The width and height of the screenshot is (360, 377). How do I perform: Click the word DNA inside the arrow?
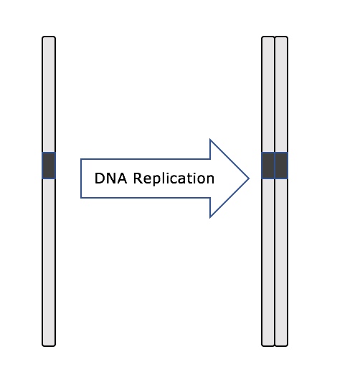110,178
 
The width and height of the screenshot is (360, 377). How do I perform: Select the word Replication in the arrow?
174,179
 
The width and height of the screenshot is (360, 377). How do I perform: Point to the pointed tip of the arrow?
249,178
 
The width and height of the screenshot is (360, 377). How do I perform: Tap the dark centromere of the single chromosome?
49,166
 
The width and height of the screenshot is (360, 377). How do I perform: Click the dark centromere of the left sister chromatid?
268,166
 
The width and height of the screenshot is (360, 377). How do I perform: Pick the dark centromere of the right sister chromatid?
281,166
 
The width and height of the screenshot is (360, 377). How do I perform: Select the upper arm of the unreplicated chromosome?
49,95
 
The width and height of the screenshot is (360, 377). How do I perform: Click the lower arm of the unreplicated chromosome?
49,262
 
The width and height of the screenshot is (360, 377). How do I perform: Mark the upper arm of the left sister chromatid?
268,95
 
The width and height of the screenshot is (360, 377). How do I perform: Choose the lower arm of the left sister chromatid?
268,262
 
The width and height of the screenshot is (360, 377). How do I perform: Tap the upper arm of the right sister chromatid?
281,95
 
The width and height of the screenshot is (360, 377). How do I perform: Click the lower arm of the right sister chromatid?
281,262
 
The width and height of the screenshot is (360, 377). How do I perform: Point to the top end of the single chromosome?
49,37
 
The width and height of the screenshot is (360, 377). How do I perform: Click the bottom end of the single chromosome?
49,346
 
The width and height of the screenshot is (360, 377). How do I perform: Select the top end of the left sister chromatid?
268,37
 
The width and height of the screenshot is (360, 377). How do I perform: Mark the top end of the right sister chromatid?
281,37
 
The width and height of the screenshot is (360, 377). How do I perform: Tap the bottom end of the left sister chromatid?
268,346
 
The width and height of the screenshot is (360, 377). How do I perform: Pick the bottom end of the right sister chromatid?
281,346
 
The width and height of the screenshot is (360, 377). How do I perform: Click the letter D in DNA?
100,178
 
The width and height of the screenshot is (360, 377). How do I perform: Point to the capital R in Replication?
138,178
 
